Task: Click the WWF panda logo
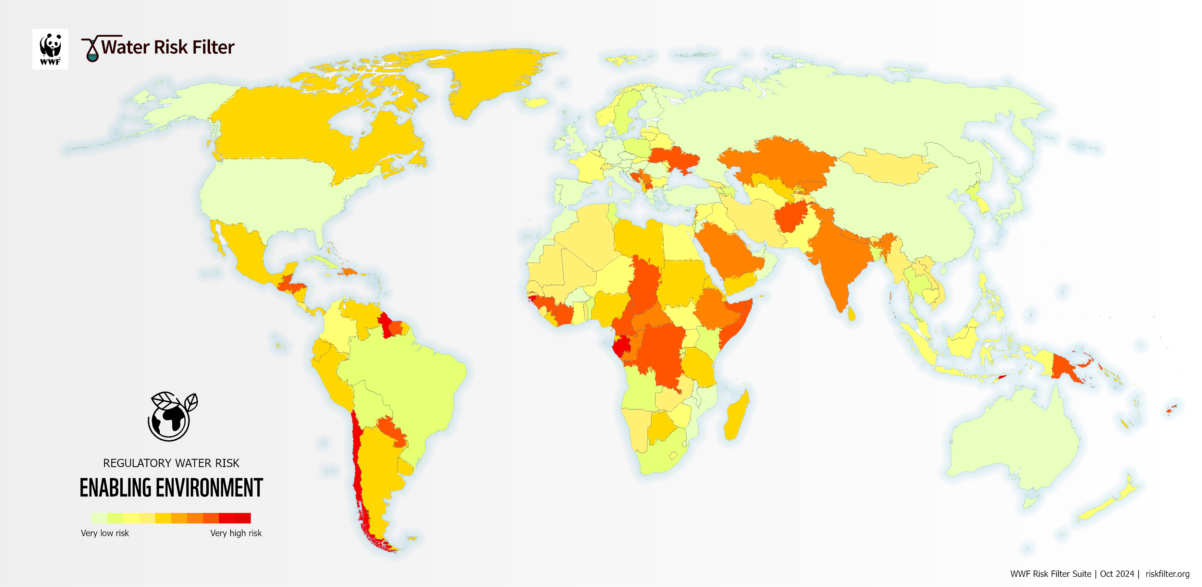[x=50, y=49]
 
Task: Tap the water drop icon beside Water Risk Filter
[x=93, y=50]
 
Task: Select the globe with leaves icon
[x=171, y=416]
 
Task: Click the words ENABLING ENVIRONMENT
[x=171, y=488]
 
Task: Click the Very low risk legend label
[x=105, y=533]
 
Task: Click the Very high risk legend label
[x=236, y=533]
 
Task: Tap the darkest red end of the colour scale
[x=243, y=518]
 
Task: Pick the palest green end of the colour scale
[x=99, y=518]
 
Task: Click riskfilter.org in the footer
[x=1167, y=574]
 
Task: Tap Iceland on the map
[x=535, y=102]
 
